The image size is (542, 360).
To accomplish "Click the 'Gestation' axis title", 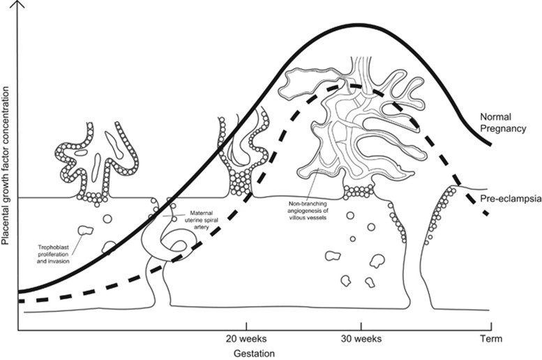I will click(x=253, y=353).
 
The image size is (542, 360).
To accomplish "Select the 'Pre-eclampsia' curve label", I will click(x=511, y=199).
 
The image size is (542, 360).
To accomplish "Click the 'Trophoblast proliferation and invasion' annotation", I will click(x=52, y=250).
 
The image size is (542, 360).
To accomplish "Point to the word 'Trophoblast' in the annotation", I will click(x=52, y=246).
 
